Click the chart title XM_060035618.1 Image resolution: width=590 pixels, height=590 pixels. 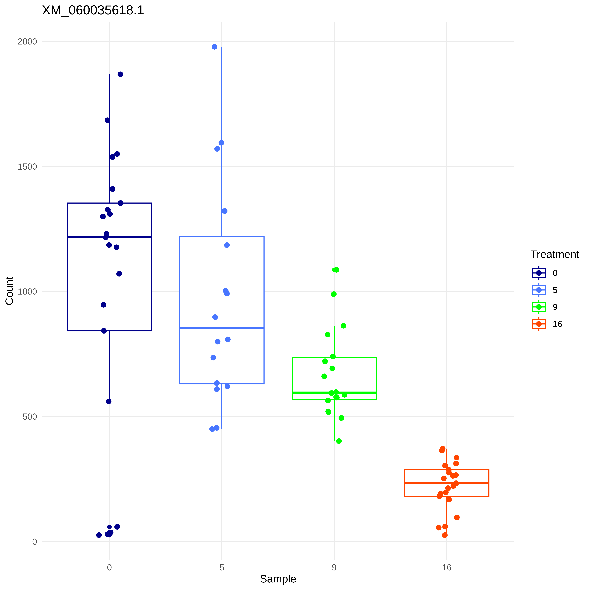(93, 10)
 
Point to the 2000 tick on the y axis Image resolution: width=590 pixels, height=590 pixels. (27, 42)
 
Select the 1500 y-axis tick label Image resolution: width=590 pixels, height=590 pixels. (27, 167)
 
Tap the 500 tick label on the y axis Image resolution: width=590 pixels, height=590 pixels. (30, 417)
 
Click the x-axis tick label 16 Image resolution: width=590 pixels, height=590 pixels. (447, 567)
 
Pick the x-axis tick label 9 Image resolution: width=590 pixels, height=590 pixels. (334, 567)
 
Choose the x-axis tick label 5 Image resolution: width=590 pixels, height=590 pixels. (222, 567)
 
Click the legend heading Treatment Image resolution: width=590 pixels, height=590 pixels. (555, 254)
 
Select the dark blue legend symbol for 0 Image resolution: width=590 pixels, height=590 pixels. (539, 273)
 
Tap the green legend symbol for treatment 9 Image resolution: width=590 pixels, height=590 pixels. (539, 307)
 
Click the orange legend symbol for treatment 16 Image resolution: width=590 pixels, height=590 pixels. (539, 324)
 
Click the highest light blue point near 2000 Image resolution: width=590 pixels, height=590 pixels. (214, 47)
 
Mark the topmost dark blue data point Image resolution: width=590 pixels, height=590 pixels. (120, 74)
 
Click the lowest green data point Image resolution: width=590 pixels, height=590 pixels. (339, 441)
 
